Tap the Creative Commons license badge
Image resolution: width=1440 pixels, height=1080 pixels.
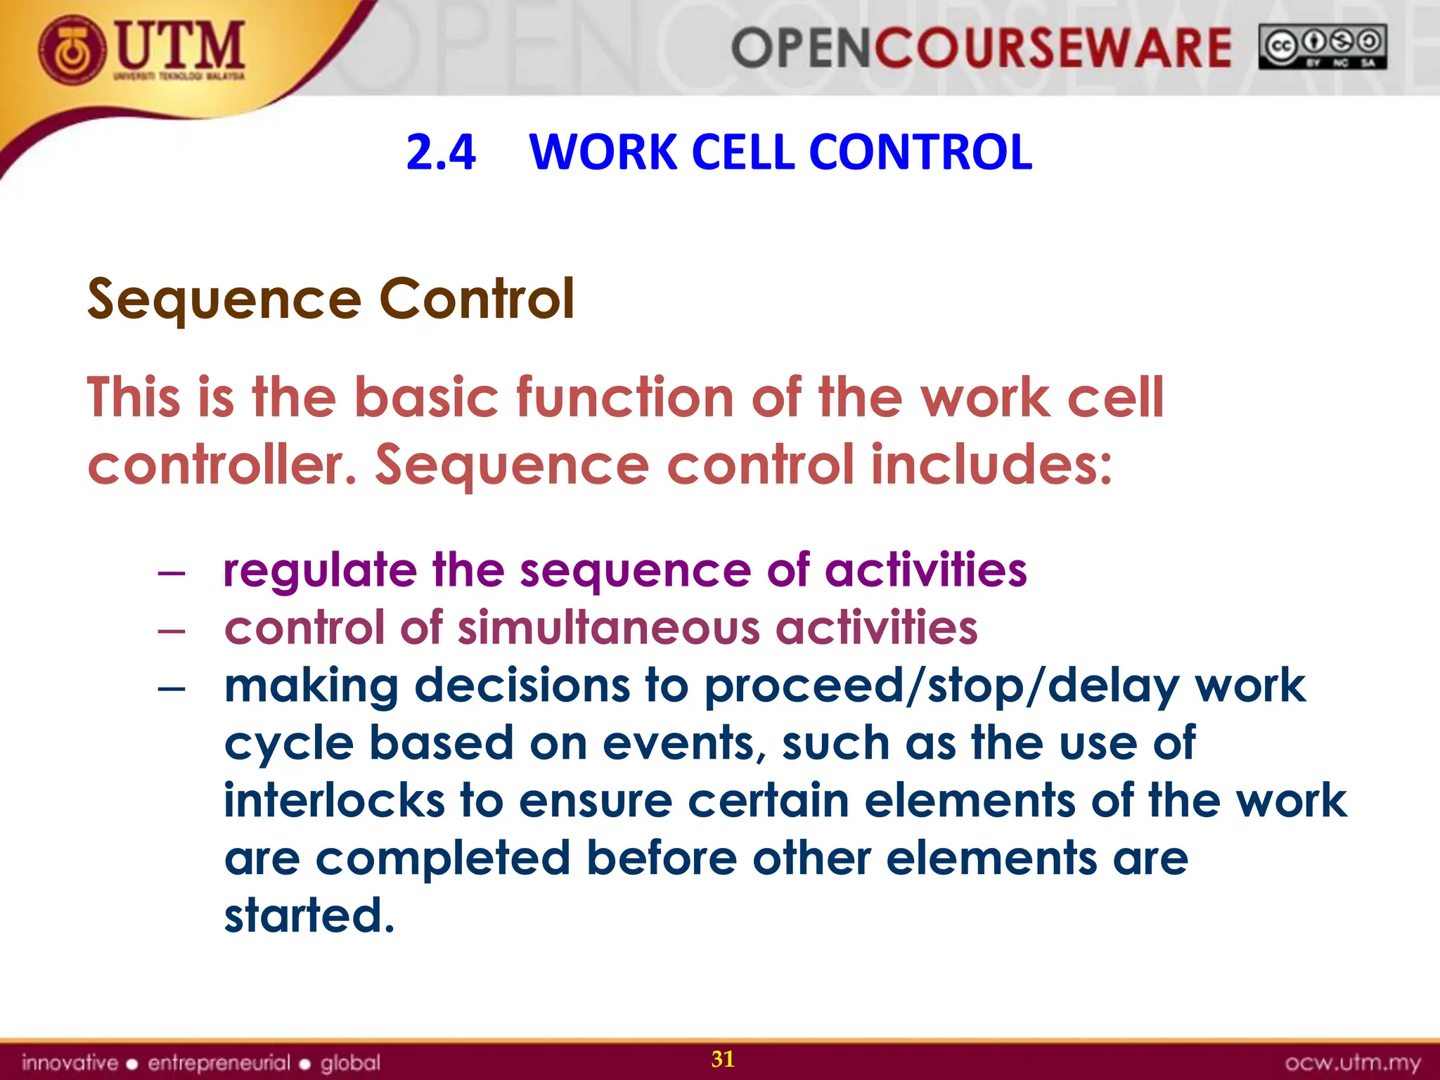1322,46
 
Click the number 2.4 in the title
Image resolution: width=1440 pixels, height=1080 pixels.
441,152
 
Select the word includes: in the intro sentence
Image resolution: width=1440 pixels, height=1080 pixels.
991,465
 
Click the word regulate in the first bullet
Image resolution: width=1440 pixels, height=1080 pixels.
319,570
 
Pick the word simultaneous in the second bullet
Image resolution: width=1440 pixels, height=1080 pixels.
609,627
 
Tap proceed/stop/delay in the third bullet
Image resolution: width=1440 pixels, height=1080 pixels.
941,686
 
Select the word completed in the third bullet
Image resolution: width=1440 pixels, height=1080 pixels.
442,859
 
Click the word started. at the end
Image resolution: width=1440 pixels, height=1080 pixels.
309,915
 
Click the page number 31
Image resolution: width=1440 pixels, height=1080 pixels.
723,1059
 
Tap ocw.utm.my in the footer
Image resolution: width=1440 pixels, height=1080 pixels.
1352,1062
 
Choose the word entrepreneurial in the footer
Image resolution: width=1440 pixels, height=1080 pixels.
219,1062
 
